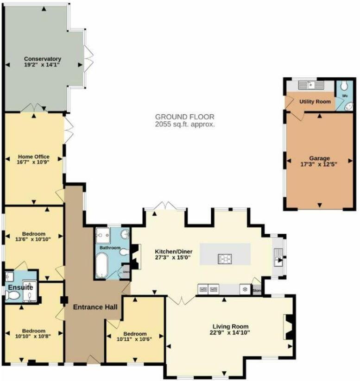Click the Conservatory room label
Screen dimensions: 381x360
click(x=43, y=59)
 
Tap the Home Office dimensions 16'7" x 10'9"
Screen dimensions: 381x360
click(x=33, y=162)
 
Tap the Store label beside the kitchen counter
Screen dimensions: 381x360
click(x=256, y=291)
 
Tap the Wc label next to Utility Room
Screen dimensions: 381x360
click(x=345, y=96)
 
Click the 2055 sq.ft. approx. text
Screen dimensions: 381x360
click(x=185, y=125)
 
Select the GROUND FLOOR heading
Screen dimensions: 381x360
click(x=185, y=117)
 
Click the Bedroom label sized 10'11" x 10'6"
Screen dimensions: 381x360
click(x=135, y=334)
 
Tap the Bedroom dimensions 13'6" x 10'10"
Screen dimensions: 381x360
click(x=33, y=239)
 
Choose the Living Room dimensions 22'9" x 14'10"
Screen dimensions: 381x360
click(x=229, y=332)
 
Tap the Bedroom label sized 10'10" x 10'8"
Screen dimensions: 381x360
click(x=34, y=331)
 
